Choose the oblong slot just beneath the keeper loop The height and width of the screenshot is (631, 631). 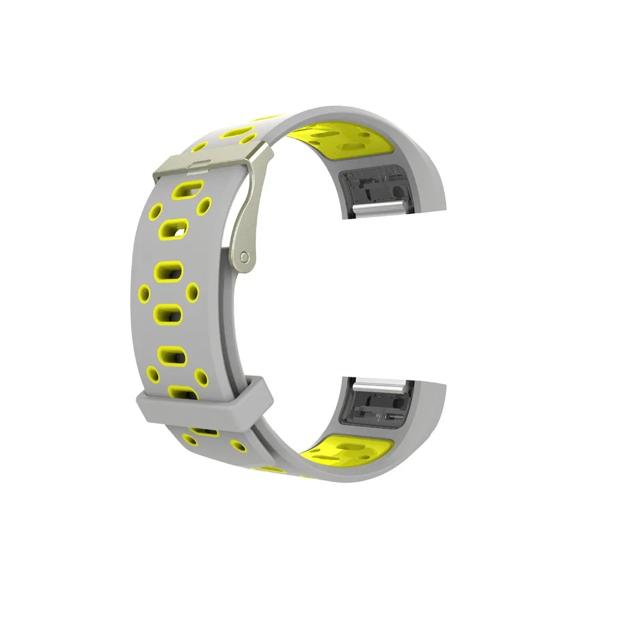coord(203,430)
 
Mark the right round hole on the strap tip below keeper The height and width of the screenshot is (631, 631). coord(239,445)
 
